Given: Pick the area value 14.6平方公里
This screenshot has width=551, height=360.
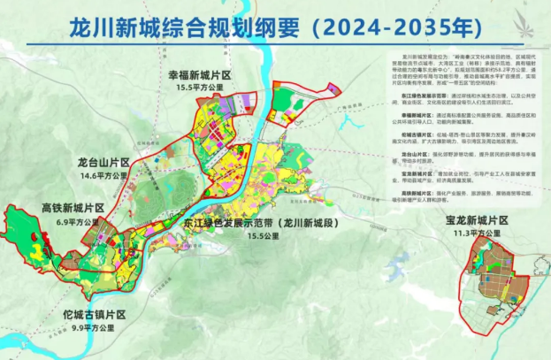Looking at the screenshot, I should pos(103,177).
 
